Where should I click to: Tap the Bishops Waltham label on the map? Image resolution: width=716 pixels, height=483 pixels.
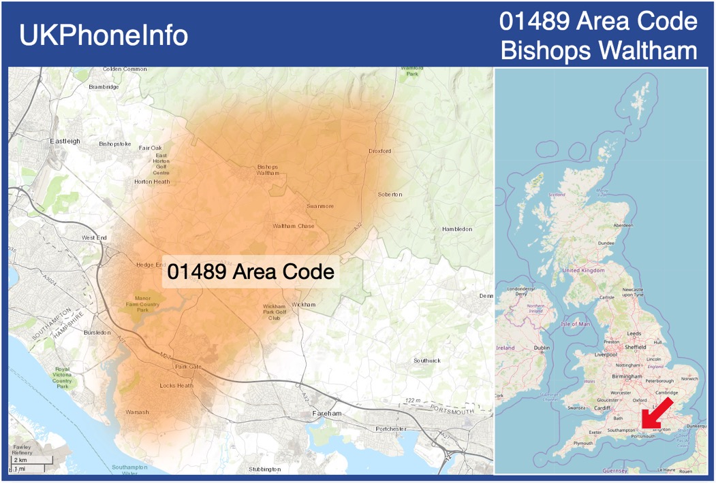click(268, 169)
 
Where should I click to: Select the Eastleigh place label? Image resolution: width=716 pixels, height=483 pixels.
click(65, 141)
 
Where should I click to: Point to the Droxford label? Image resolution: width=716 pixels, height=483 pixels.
click(380, 151)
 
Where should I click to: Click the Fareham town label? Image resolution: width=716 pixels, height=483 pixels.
click(326, 413)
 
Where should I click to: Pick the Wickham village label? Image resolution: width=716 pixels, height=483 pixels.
click(304, 304)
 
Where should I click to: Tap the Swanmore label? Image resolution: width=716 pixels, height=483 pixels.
click(320, 205)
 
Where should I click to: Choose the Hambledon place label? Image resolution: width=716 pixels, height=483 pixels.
click(457, 229)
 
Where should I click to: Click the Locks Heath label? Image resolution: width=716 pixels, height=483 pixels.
click(176, 386)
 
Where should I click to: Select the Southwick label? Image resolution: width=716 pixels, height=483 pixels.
click(427, 361)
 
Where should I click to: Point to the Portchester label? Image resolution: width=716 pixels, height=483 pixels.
click(391, 429)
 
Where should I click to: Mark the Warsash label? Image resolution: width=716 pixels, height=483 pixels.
click(137, 412)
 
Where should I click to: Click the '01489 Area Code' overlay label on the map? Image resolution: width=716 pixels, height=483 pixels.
click(251, 272)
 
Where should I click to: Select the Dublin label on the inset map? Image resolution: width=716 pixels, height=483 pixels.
click(542, 348)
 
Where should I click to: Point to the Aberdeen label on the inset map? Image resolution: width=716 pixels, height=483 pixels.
click(623, 225)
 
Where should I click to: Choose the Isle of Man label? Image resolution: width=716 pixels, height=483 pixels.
click(576, 324)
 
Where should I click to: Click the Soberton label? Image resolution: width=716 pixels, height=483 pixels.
click(390, 195)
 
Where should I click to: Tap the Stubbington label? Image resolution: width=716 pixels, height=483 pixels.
click(264, 469)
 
